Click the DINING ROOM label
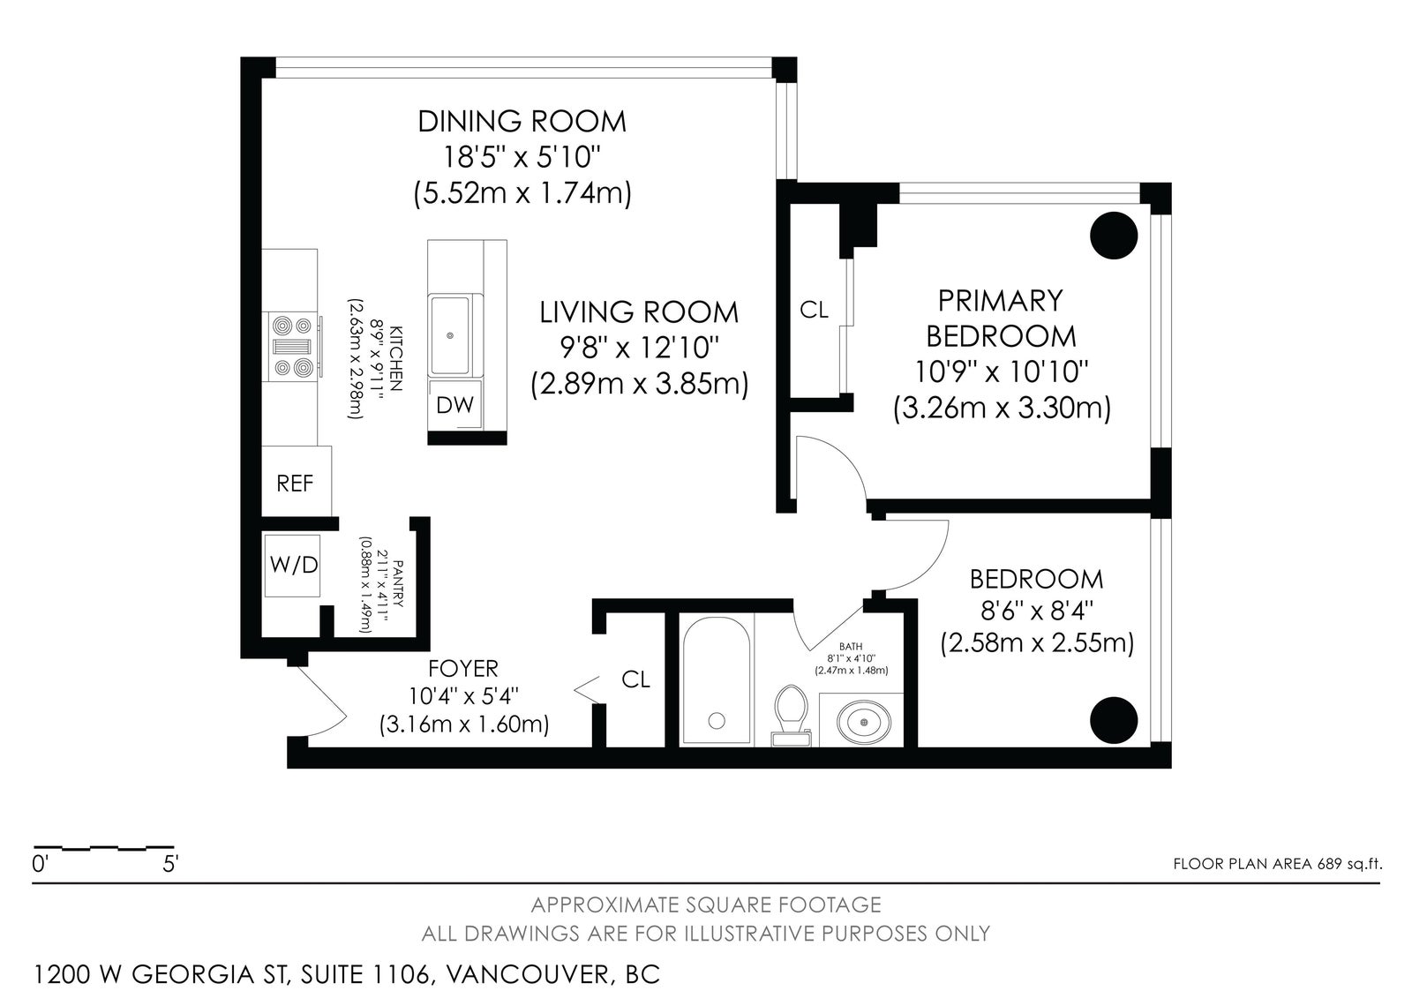click(x=522, y=121)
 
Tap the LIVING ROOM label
click(x=639, y=312)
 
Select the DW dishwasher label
click(x=454, y=405)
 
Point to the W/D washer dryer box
click(x=292, y=566)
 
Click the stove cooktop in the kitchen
click(x=293, y=347)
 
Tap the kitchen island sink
click(x=450, y=335)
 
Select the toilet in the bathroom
click(x=792, y=717)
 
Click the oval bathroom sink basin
click(x=864, y=721)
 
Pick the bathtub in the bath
click(x=716, y=681)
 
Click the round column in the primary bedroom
click(x=1114, y=235)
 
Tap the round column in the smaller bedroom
click(x=1114, y=720)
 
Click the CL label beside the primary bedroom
click(x=814, y=311)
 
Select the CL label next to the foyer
click(x=635, y=679)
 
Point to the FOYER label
click(x=463, y=668)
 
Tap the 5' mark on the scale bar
click(x=170, y=863)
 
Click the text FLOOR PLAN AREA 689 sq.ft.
click(x=1278, y=864)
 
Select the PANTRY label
click(x=397, y=583)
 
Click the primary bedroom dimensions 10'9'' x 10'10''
click(x=1001, y=372)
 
